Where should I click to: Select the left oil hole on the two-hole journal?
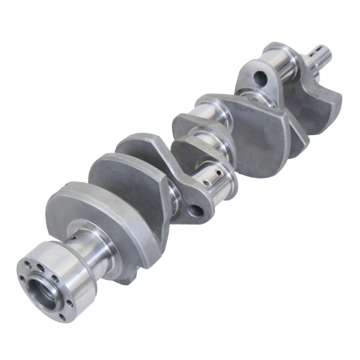point(206,183)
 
